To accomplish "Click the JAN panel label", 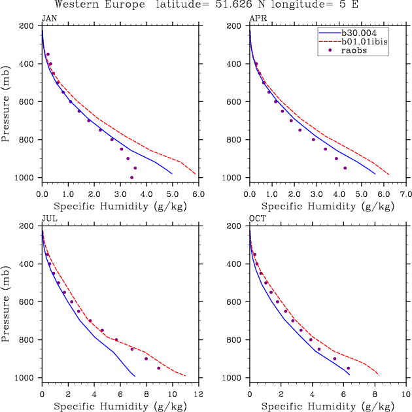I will click(48, 18).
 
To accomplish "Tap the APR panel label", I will click(256, 18).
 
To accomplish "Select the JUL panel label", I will click(48, 218).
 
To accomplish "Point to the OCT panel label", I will click(256, 218).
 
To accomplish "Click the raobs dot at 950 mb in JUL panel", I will click(158, 368).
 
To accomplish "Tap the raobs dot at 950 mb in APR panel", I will click(345, 168).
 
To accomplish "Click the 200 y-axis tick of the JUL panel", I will click(27, 226).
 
